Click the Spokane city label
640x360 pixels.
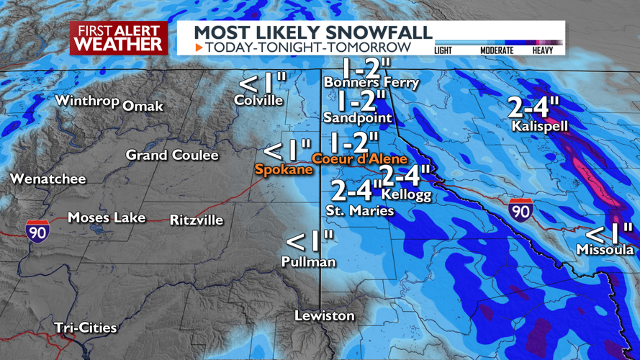[284, 170]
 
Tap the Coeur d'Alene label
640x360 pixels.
[359, 158]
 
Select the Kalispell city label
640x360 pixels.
[541, 126]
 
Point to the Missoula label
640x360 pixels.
[605, 250]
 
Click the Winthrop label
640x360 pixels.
[87, 101]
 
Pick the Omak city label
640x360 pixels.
[143, 107]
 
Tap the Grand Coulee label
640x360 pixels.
[172, 155]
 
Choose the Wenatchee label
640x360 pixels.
[48, 179]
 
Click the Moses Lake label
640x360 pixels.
[107, 217]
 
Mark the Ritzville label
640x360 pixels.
[197, 220]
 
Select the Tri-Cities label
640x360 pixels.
[85, 328]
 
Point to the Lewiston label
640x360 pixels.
[325, 316]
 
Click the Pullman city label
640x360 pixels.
[309, 262]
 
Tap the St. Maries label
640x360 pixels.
[360, 211]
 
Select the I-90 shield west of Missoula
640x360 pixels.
[520, 210]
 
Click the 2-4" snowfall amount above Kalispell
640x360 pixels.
[533, 107]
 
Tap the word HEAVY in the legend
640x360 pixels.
[548, 50]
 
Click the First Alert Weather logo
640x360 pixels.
[119, 37]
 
